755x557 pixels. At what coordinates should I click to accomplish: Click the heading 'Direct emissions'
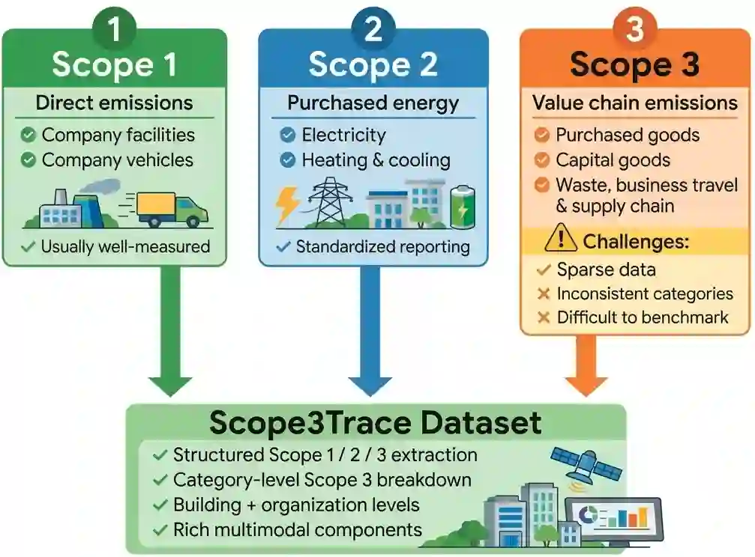click(x=114, y=103)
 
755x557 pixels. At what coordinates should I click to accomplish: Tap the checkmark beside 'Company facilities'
click(x=28, y=136)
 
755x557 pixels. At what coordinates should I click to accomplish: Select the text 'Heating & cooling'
click(x=376, y=160)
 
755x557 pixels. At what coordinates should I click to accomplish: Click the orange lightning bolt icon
click(x=287, y=202)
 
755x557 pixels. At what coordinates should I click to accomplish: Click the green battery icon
click(x=463, y=207)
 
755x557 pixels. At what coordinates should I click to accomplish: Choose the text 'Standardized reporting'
click(x=383, y=247)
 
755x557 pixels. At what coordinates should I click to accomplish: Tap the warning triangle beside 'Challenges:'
click(x=561, y=238)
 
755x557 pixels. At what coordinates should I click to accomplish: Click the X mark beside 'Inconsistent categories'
click(x=544, y=293)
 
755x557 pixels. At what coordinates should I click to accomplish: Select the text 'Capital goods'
click(x=613, y=160)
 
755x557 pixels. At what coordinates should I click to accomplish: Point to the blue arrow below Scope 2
click(x=370, y=332)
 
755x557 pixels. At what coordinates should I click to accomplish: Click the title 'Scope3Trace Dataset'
click(x=376, y=423)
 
